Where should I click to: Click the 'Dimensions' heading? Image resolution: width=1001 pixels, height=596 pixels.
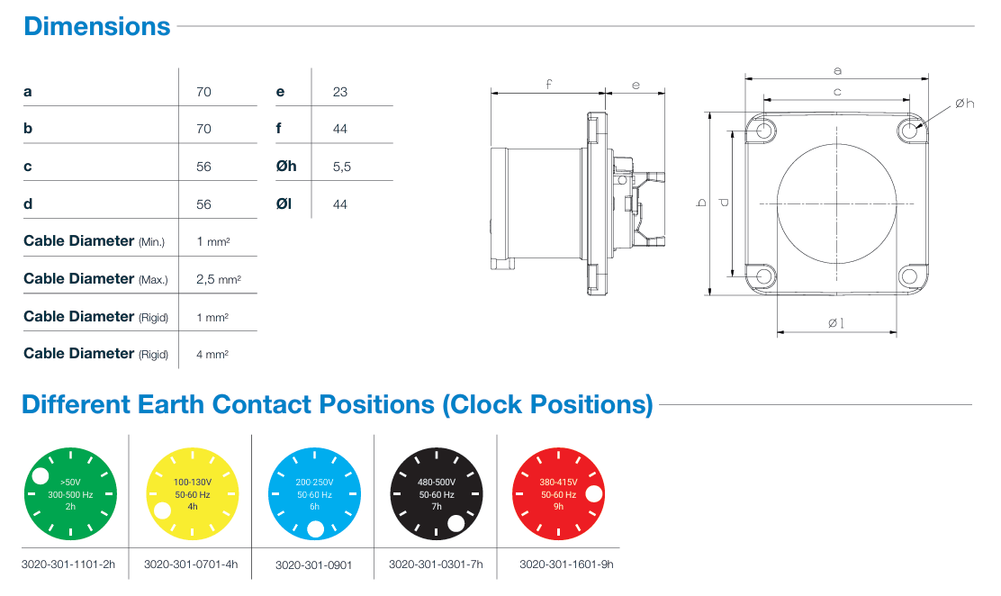coord(97,27)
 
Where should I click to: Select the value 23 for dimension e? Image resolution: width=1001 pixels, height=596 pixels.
coord(339,92)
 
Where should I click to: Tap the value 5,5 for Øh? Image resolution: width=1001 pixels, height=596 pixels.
coord(341,167)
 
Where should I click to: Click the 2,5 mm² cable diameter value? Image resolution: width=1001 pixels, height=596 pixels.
coord(219,279)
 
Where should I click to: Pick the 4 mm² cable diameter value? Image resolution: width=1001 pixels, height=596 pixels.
coord(212,354)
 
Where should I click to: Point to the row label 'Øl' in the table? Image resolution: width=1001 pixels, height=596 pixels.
coord(284,203)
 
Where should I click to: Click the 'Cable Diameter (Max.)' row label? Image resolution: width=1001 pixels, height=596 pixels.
coord(95,278)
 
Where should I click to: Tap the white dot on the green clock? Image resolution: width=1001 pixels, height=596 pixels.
coord(41,476)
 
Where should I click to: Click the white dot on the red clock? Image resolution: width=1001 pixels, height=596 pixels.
coord(594,493)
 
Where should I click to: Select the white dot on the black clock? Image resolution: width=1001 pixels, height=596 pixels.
coord(455,523)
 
